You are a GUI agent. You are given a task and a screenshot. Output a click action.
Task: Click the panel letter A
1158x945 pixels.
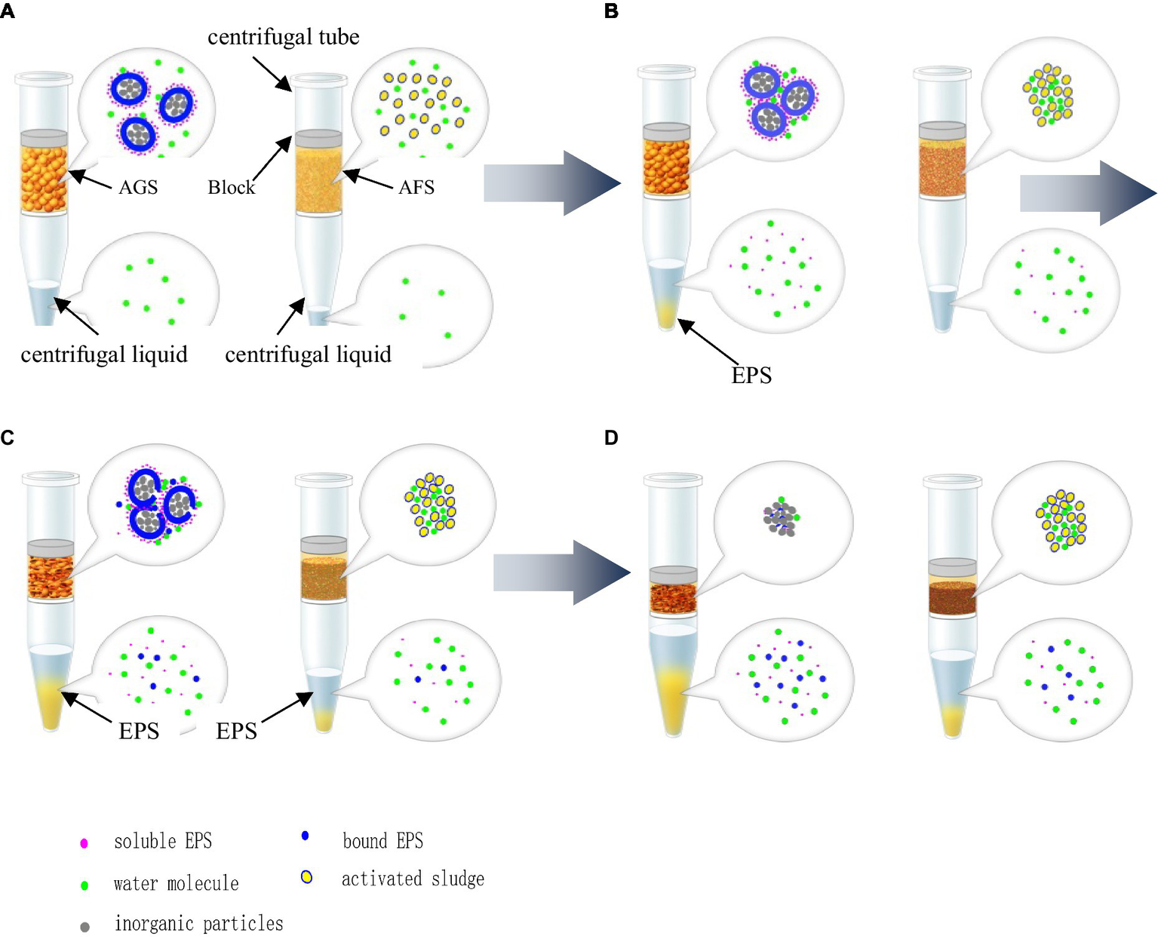(x=7, y=11)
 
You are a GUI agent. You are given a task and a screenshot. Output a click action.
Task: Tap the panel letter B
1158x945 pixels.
(x=612, y=11)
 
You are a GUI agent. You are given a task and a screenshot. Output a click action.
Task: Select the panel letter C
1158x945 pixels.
(x=7, y=437)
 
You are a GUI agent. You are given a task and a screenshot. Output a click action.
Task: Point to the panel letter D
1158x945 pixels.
(x=612, y=437)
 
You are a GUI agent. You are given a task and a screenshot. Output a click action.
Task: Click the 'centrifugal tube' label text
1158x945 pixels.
(x=283, y=37)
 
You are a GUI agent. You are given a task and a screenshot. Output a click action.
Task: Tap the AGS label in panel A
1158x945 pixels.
(x=138, y=187)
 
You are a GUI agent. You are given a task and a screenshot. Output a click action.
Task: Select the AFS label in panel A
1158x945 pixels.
(x=416, y=187)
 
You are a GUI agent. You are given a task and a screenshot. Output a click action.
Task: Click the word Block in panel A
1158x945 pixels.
(x=231, y=187)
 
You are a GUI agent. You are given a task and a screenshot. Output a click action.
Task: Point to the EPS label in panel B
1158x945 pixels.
(x=751, y=375)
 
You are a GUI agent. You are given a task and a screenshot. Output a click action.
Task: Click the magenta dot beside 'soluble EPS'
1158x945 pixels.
(x=84, y=843)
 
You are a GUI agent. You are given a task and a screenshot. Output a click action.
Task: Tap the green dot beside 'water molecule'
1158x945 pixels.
(x=84, y=885)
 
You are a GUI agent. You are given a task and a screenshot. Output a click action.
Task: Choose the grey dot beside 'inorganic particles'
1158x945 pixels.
(x=84, y=927)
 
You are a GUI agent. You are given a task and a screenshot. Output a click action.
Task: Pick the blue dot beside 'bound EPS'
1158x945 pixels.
(x=305, y=836)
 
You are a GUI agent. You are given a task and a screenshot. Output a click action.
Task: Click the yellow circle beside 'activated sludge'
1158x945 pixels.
(x=306, y=876)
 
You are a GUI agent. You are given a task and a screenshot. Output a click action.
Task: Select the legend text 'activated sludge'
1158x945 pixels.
(x=413, y=879)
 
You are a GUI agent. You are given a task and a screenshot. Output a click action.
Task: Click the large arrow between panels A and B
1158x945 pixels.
(x=551, y=183)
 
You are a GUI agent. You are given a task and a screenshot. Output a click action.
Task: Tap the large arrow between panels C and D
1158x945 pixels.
(x=561, y=572)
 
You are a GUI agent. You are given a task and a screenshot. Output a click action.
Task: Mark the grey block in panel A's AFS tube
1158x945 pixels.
(x=318, y=139)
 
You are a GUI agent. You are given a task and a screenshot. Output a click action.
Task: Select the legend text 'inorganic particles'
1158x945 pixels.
(x=198, y=924)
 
